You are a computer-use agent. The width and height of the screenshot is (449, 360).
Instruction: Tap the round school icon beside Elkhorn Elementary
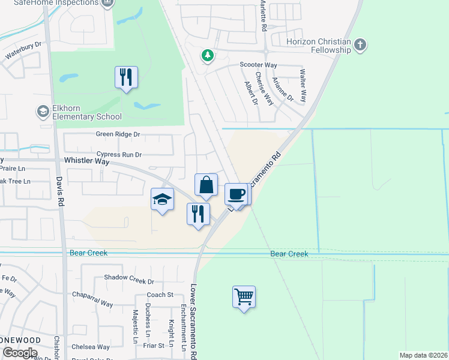pos(43,111)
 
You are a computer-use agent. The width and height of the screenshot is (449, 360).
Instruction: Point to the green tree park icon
pos(208,55)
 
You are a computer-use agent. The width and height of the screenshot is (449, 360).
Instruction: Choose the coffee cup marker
pos(236,194)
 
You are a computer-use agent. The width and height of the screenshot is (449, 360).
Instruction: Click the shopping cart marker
pos(244,296)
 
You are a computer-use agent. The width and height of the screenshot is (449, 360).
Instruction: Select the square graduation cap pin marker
pos(162,200)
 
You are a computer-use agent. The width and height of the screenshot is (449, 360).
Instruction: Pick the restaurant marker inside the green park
pos(126,77)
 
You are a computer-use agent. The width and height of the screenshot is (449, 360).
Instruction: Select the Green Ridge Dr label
pos(118,134)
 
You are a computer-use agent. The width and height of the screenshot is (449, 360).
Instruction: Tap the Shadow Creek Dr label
pos(129,280)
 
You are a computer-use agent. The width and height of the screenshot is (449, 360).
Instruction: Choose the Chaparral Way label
pos(92,304)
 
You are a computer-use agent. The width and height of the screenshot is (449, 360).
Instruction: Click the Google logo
pos(19,352)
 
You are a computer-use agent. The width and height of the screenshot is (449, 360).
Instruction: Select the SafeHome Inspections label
pos(64,3)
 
